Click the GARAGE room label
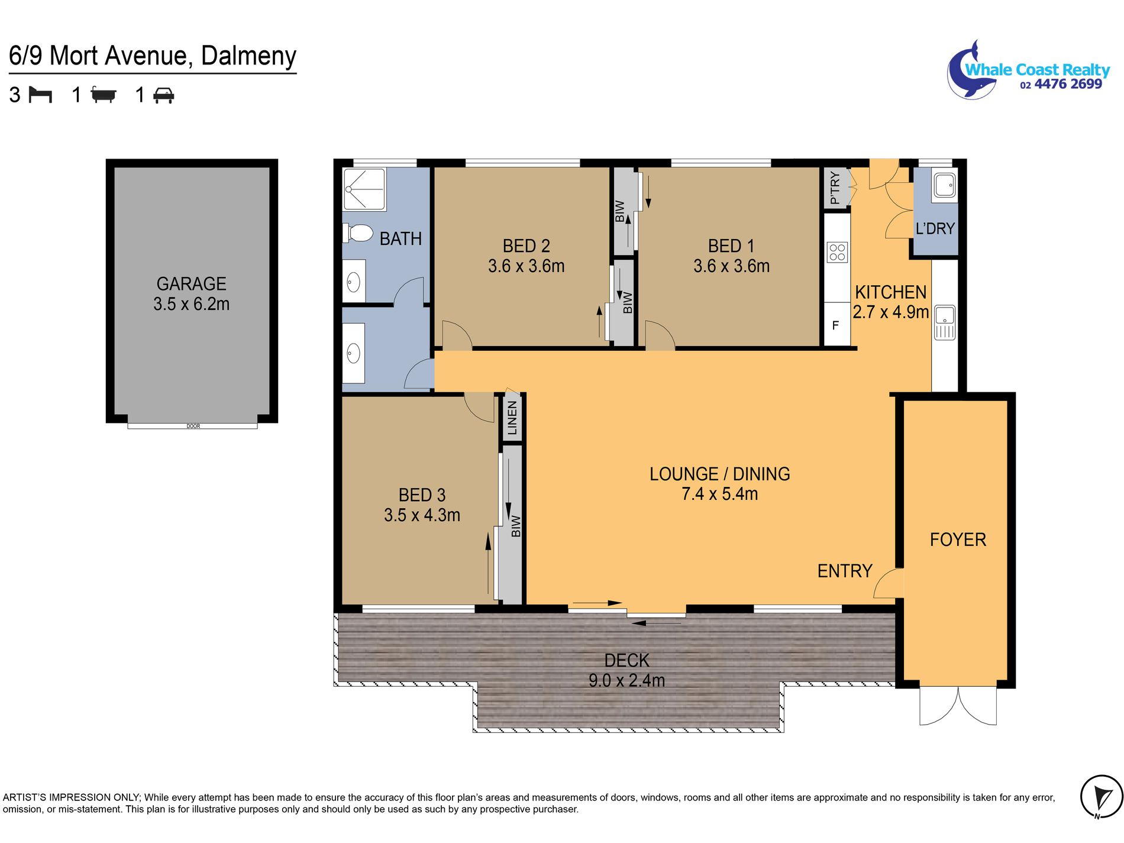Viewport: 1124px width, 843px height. (191, 284)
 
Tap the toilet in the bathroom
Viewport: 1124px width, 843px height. (357, 233)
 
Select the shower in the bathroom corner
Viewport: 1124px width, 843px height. (364, 189)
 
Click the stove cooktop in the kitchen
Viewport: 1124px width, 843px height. (837, 252)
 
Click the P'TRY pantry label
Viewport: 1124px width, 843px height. (835, 188)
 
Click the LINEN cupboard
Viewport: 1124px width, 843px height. (512, 418)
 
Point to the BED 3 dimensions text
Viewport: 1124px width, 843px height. (422, 515)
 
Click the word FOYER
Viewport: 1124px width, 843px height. (958, 540)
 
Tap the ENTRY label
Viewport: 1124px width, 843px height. (845, 571)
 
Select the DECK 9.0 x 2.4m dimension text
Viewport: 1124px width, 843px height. (626, 680)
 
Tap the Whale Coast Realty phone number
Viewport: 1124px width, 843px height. (1061, 84)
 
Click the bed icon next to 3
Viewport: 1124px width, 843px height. (40, 95)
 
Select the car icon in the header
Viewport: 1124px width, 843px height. (163, 95)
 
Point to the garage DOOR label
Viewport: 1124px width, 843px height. (193, 426)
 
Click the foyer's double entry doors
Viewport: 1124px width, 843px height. (958, 705)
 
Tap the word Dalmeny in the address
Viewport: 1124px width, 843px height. (248, 56)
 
